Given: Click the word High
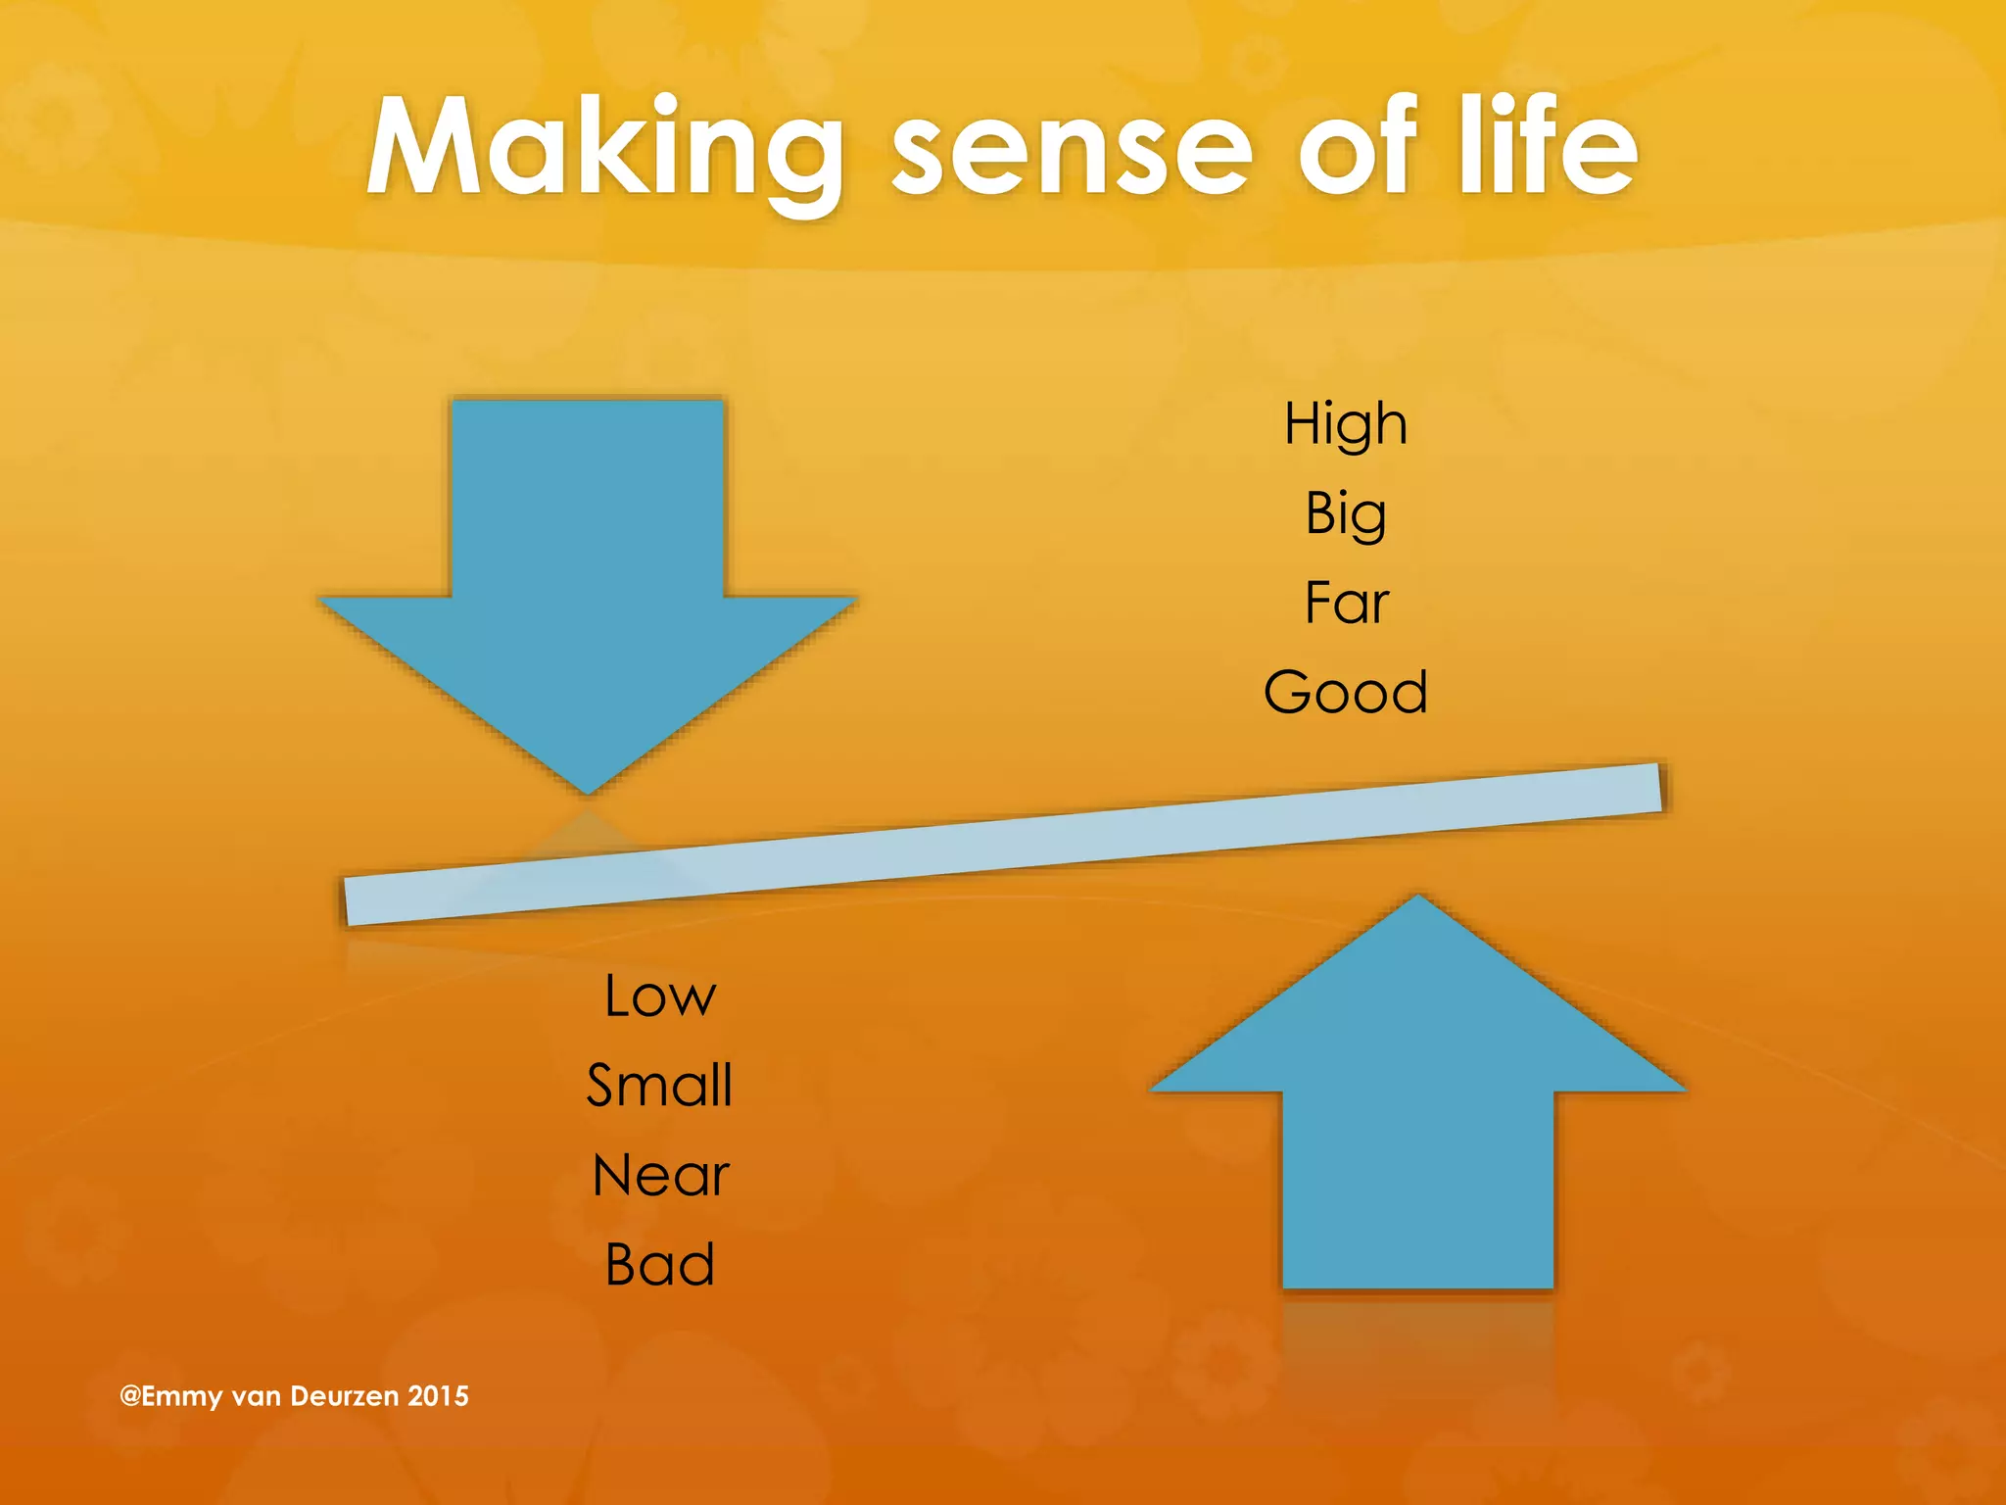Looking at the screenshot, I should click(1346, 424).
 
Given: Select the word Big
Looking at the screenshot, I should click(1346, 514).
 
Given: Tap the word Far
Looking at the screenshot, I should click(1346, 603).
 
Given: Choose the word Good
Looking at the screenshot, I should click(1346, 693).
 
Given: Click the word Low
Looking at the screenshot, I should click(660, 996).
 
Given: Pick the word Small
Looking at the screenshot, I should click(659, 1086).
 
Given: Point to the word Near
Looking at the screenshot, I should click(660, 1176).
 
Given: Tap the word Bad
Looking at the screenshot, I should click(659, 1265).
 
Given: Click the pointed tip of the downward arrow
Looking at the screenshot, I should click(588, 788).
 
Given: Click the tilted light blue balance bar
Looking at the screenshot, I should click(1003, 845).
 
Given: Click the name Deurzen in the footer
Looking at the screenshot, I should click(343, 1396).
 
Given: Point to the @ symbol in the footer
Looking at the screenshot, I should click(129, 1396).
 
